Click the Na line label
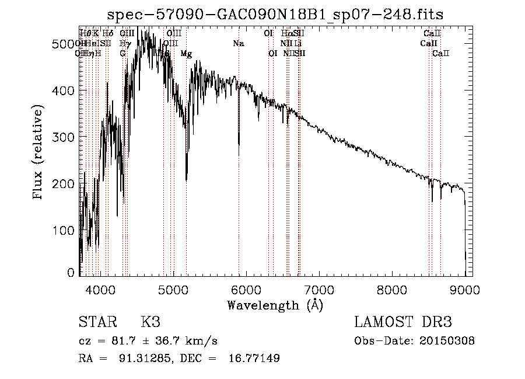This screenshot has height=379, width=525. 238,44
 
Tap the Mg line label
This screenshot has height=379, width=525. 186,54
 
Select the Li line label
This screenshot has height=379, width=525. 297,44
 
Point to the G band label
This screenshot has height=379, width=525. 123,54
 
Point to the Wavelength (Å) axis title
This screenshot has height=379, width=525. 275,305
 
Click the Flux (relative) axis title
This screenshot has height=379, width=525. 39,153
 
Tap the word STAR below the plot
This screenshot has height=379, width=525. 98,322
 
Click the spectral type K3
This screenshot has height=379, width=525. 150,322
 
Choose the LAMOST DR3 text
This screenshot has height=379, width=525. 403,322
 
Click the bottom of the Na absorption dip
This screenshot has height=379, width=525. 239,155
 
